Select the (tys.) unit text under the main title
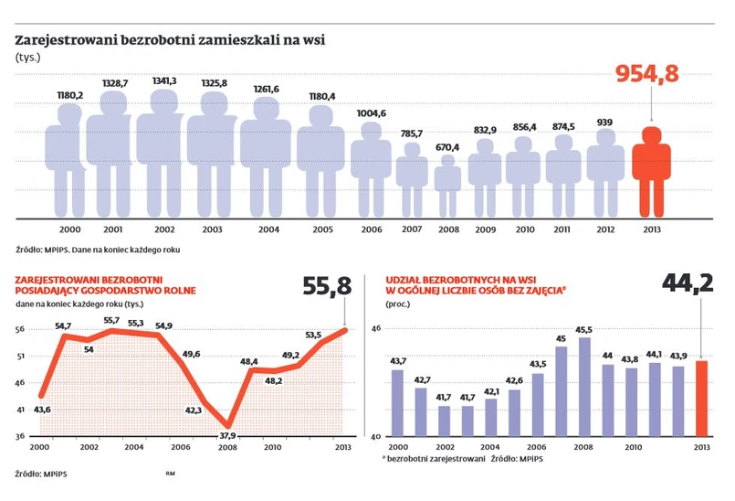coord(28,57)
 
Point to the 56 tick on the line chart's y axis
coord(20,330)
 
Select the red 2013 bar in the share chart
coord(700,399)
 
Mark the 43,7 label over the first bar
coord(397,361)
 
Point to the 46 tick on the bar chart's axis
coord(374,328)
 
